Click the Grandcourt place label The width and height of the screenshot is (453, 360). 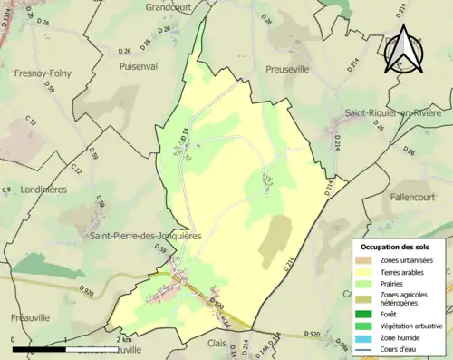pos(173,7)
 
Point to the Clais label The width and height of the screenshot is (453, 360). pos(217,344)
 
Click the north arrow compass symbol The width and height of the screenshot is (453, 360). pos(402,50)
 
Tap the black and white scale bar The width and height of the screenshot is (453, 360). pos(65,348)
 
